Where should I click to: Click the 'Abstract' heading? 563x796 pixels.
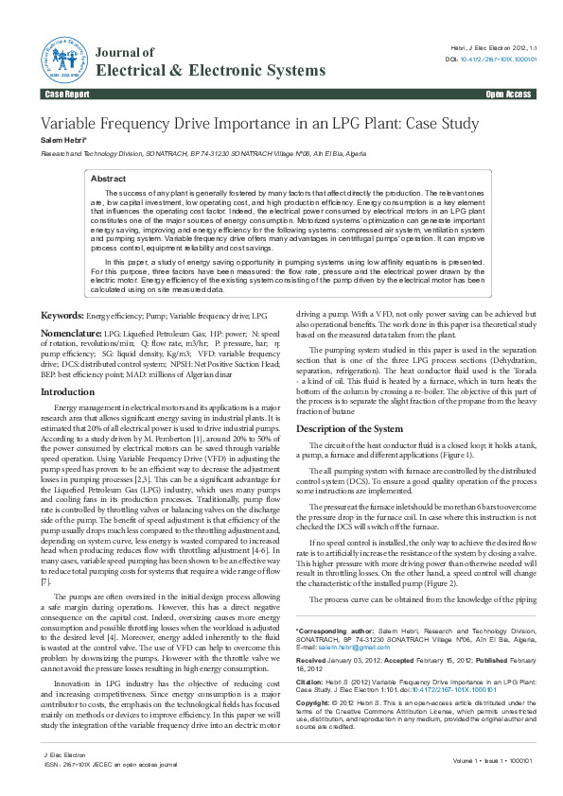click(107, 179)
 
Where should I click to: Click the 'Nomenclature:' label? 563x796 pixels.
click(71, 334)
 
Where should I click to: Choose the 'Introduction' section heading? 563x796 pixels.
click(67, 390)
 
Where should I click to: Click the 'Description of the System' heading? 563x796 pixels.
click(352, 429)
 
